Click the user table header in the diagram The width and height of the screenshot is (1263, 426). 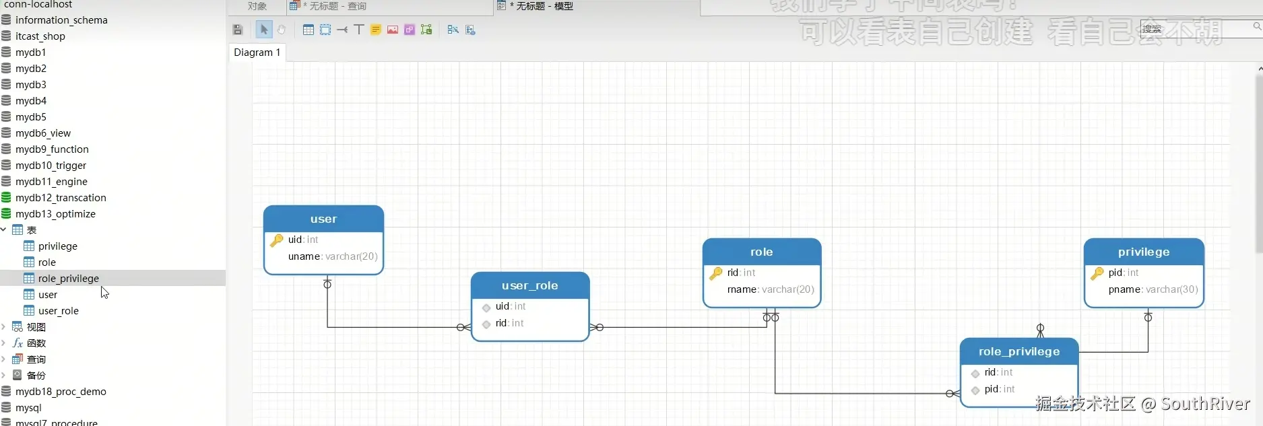[x=323, y=219]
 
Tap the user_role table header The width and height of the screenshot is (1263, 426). [x=529, y=286]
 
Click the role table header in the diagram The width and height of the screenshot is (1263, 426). [x=761, y=252]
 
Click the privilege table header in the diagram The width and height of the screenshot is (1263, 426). [x=1143, y=252]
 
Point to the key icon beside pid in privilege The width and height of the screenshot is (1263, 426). [x=1097, y=273]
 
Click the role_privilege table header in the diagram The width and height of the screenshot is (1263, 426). [x=1018, y=352]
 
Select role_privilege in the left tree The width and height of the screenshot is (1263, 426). [x=68, y=279]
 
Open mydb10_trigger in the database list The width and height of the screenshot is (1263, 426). [x=51, y=166]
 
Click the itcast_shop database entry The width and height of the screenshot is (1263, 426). [x=40, y=36]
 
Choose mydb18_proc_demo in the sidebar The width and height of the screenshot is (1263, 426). [x=61, y=392]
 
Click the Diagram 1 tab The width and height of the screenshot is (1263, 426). [x=257, y=52]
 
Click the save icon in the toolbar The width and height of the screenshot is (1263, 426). [x=238, y=30]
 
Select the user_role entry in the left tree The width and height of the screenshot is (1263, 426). [x=58, y=311]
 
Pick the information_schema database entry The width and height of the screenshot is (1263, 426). [x=61, y=20]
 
